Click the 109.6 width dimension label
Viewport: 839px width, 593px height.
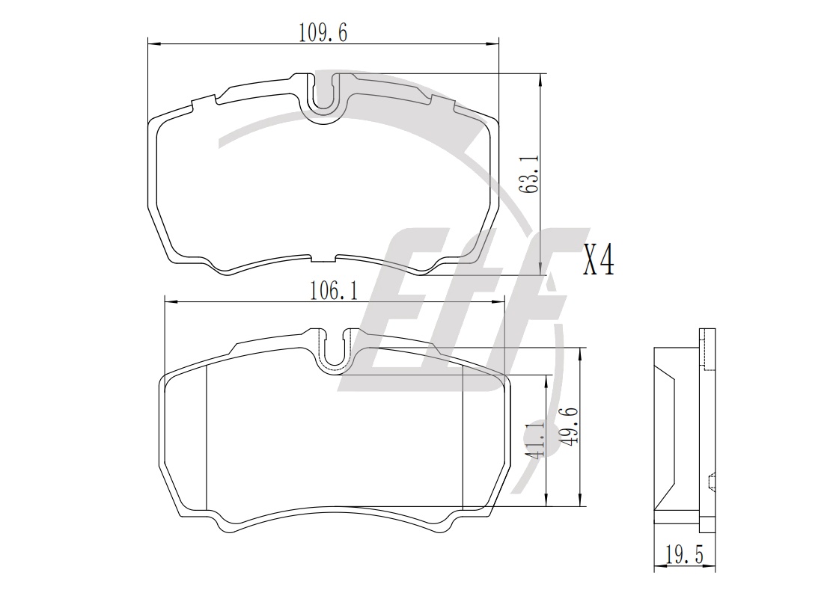pos(323,33)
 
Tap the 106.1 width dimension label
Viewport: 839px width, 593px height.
pos(333,292)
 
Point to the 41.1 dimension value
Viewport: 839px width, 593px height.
pos(534,438)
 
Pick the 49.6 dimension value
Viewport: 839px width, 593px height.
pos(568,426)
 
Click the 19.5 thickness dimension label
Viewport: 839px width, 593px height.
pos(684,555)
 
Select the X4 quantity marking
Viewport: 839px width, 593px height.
pos(598,259)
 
